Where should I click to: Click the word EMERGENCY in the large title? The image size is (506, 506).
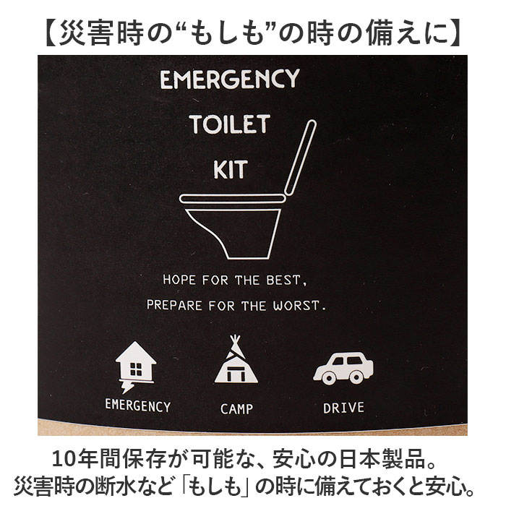click(229, 78)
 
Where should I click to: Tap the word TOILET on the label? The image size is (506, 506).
click(228, 124)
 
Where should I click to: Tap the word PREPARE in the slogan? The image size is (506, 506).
click(172, 304)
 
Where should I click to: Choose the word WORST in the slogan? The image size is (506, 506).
click(300, 304)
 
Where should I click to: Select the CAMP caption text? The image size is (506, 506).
click(236, 408)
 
